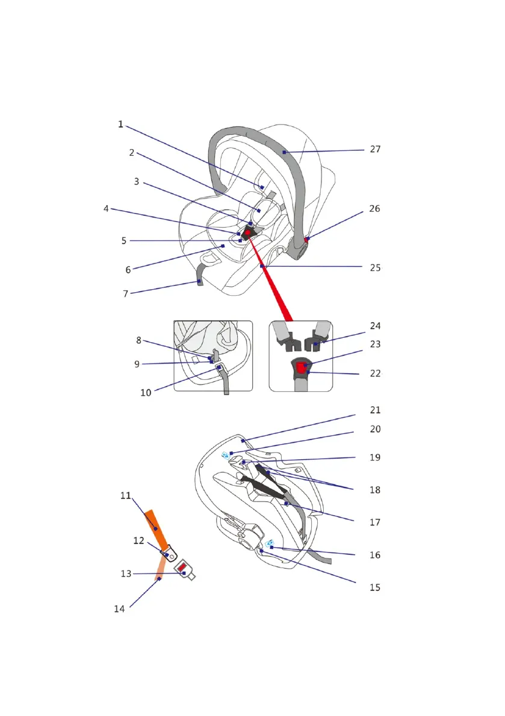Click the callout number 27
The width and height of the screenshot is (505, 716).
coord(375,149)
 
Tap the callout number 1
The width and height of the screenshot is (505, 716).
coord(120,124)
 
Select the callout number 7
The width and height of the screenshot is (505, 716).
coord(126,294)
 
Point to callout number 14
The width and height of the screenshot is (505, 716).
coord(119,609)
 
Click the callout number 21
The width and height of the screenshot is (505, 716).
coord(375,410)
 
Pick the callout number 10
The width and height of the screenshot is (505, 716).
coord(146,393)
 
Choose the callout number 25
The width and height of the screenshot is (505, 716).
coord(375,268)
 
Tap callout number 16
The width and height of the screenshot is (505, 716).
coord(375,555)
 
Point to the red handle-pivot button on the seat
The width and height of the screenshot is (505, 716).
coord(306,240)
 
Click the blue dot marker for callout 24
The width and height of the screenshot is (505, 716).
coord(315,344)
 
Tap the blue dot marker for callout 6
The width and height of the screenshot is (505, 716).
coord(223,246)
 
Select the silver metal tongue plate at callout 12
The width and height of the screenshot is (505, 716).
coord(168,552)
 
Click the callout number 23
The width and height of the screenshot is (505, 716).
coord(375,344)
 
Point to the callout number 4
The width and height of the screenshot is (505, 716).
coord(106,209)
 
